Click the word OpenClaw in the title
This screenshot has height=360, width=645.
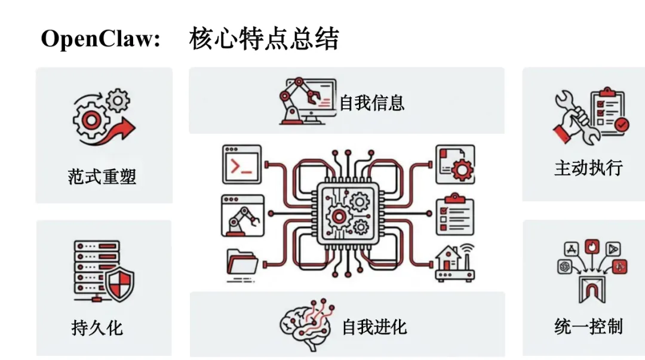(100, 39)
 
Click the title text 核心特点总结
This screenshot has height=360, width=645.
(264, 39)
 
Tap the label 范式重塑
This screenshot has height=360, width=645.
(102, 176)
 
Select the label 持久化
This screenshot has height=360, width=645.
(97, 327)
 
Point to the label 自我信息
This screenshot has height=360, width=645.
(372, 103)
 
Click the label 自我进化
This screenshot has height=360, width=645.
(374, 327)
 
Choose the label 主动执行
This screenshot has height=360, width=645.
(588, 168)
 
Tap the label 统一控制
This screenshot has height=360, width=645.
(588, 327)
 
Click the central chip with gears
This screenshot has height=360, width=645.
(346, 213)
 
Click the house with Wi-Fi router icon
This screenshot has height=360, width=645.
(454, 263)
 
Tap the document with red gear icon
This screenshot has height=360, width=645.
(455, 164)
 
